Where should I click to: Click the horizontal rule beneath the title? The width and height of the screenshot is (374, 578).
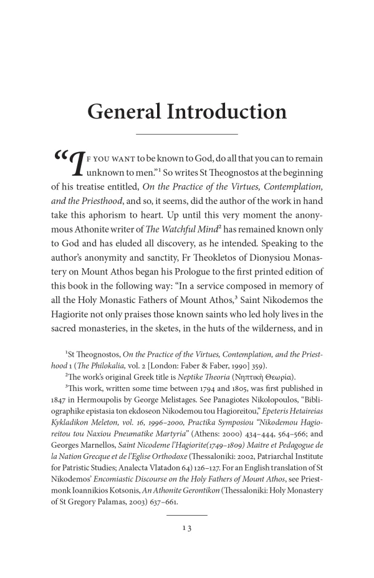[x=187, y=134]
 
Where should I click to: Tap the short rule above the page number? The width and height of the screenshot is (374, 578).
[x=187, y=533]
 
